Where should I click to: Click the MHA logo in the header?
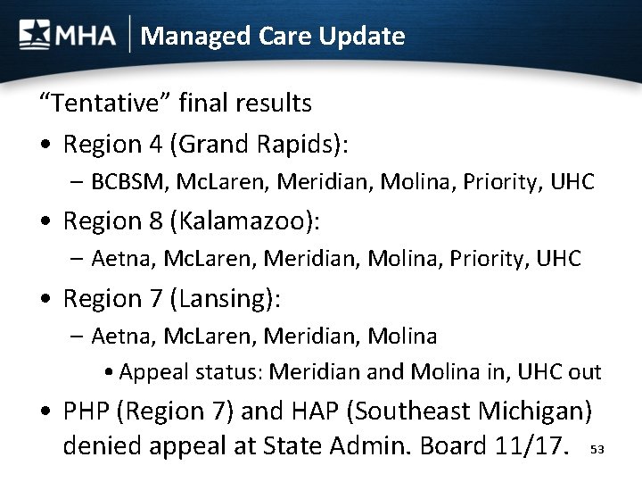tap(68, 36)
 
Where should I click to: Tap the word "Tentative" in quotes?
tap(104, 104)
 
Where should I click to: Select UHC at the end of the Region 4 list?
tap(574, 183)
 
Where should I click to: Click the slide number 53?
tap(597, 451)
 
